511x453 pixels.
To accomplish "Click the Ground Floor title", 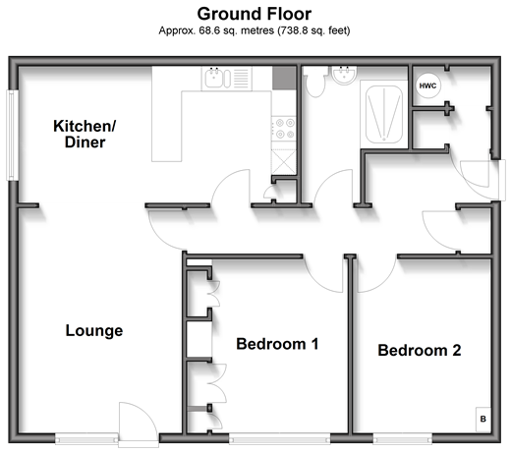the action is click(255, 14).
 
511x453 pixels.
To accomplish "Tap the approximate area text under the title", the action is click(255, 30).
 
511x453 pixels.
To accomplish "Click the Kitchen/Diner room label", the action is click(85, 134).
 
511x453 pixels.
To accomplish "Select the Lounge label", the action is click(94, 330).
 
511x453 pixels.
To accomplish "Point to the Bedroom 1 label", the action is click(277, 344).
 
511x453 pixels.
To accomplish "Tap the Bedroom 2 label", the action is click(420, 350).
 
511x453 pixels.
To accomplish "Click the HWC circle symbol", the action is click(427, 85).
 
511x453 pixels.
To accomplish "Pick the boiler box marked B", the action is click(483, 419).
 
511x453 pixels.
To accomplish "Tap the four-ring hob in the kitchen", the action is click(284, 129).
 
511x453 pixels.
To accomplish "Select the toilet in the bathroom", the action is click(314, 82).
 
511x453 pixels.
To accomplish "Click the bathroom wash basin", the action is click(344, 76).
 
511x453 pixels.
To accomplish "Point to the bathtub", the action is click(384, 114).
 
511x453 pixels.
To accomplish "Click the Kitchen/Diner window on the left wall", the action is click(13, 135).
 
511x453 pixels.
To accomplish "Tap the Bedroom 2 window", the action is click(403, 438).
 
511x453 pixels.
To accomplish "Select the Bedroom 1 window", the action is click(279, 438).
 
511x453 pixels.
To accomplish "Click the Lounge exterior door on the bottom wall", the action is click(139, 425).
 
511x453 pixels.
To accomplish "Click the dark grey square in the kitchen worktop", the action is click(284, 78).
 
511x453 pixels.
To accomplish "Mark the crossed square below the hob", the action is click(284, 162).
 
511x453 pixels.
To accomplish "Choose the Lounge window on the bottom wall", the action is click(86, 438).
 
